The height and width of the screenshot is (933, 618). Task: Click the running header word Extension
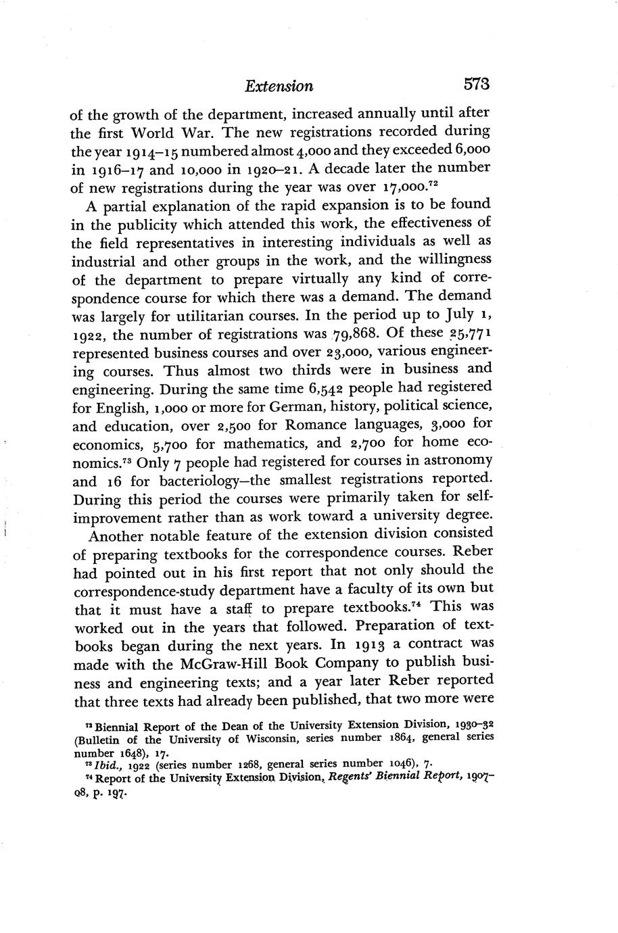[x=279, y=87]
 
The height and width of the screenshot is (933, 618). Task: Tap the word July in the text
[x=445, y=316]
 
